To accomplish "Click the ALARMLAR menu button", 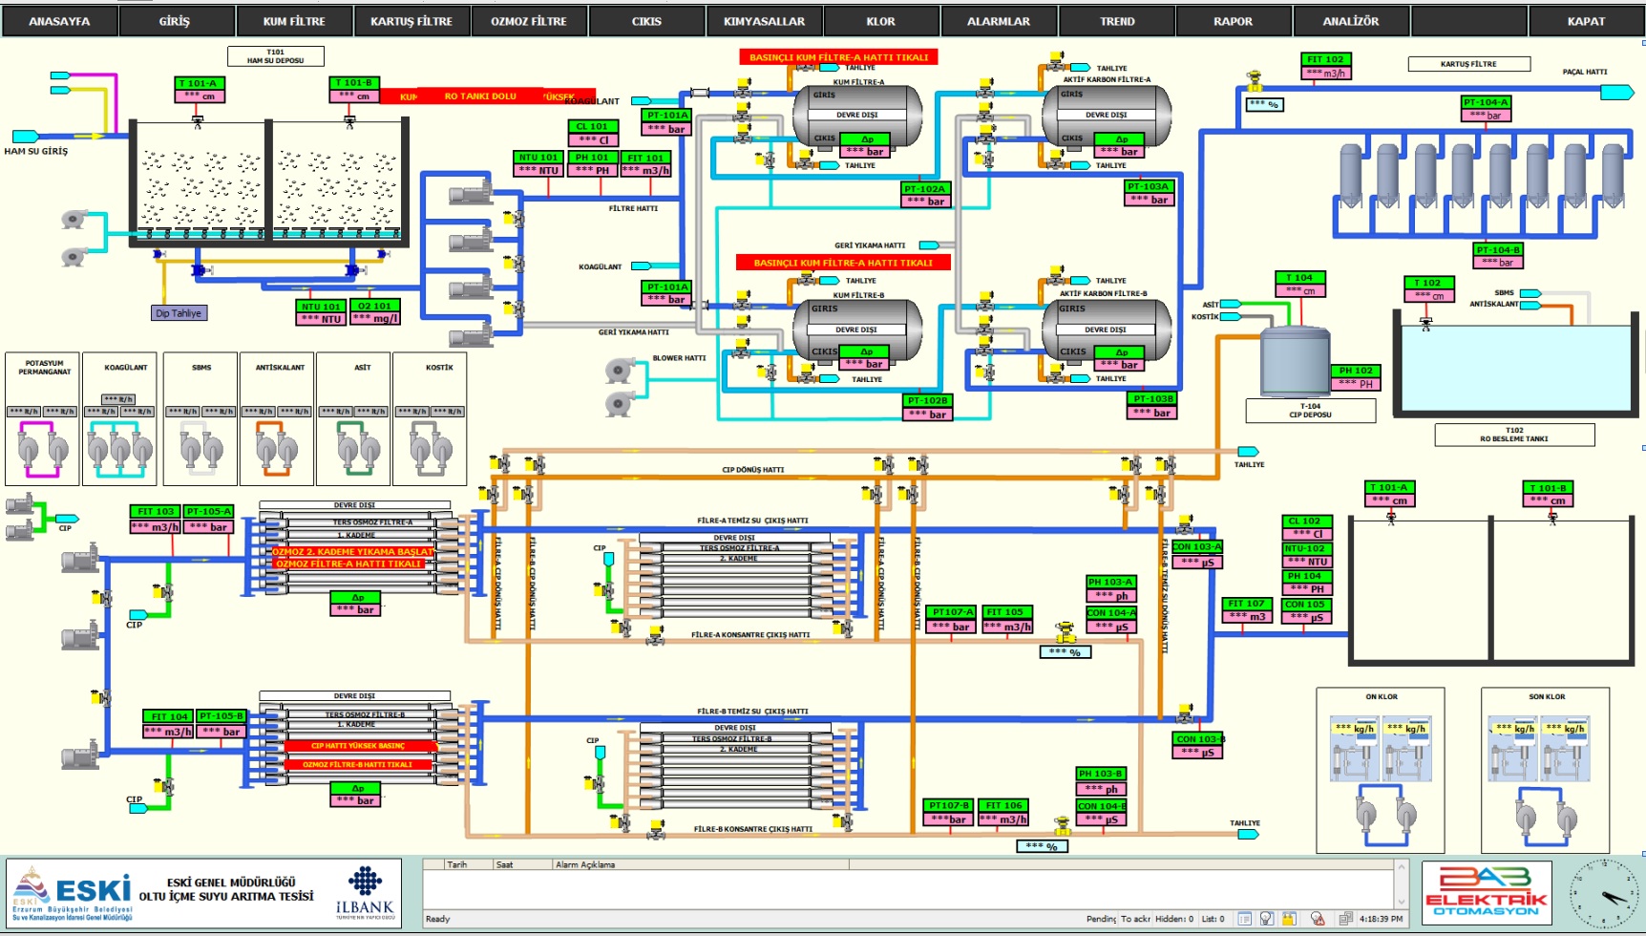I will (998, 21).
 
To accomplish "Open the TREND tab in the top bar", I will (1116, 21).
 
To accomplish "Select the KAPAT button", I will (1585, 21).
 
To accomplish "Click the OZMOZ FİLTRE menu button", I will (528, 21).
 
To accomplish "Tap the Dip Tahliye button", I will (179, 313).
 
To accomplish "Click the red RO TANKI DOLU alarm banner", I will (479, 96).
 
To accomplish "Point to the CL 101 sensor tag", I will (592, 126).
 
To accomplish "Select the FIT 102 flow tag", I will (1325, 59).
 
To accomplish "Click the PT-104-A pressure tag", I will (1485, 102).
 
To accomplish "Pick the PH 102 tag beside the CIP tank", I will (1356, 371).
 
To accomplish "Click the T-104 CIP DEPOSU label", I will (1310, 411).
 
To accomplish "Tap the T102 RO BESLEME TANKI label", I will (1514, 435).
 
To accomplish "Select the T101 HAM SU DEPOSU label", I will (275, 56).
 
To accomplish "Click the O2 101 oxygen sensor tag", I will (374, 306).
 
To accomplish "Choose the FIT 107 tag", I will (1246, 604).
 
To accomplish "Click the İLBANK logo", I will (365, 894).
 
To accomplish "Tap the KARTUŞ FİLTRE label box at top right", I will (1468, 64).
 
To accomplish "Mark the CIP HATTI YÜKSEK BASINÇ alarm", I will (357, 746).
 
